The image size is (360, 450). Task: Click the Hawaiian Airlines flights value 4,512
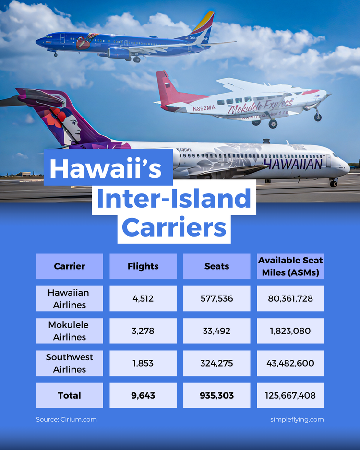(x=143, y=298)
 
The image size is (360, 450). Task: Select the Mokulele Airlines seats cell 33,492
(x=216, y=331)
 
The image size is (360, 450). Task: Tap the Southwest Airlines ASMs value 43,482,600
(x=290, y=363)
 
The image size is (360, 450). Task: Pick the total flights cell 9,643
(x=143, y=395)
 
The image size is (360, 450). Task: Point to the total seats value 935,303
(x=216, y=395)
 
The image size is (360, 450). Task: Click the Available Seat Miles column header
(x=290, y=267)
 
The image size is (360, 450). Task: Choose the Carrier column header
(x=69, y=267)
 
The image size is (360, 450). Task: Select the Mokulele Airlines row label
(x=69, y=331)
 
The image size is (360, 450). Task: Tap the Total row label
(x=69, y=395)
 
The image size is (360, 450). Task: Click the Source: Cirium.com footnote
(x=66, y=419)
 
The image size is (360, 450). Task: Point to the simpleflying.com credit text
(x=297, y=419)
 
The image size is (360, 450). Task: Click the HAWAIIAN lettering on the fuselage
(x=293, y=164)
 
